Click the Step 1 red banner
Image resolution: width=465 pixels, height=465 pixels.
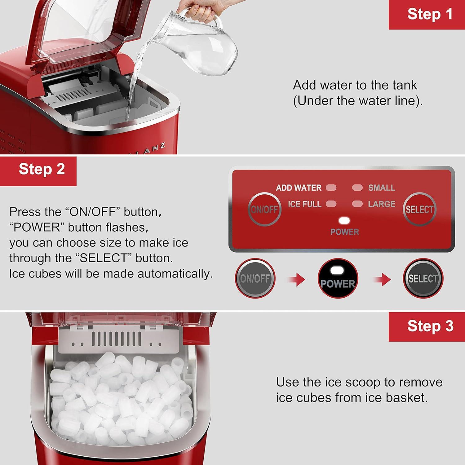click(427, 15)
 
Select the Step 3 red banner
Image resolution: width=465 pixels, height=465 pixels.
click(427, 326)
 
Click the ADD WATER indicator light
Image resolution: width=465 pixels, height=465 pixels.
click(331, 188)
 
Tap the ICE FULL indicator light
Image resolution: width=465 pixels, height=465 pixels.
click(331, 204)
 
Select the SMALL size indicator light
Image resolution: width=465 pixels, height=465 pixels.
click(357, 188)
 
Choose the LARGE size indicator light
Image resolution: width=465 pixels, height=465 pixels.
click(357, 204)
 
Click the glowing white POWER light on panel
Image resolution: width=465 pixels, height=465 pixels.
click(344, 221)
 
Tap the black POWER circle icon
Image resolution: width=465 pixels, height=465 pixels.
click(338, 278)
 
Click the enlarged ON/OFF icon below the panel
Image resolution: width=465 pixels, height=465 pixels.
click(255, 278)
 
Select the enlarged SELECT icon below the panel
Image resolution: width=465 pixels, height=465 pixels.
click(423, 278)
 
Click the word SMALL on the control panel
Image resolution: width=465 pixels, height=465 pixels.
click(381, 188)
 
